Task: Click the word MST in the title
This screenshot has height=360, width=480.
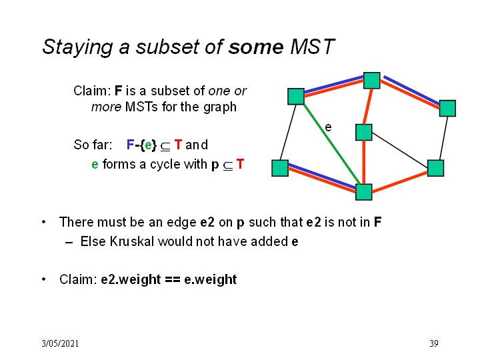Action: (x=312, y=47)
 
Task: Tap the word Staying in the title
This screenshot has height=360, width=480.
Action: (x=78, y=48)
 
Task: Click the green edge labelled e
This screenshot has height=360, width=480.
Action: (x=332, y=144)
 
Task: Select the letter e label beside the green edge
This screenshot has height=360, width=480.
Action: (x=328, y=127)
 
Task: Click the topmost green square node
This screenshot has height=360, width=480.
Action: (x=371, y=81)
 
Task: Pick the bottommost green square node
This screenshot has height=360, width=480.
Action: (x=364, y=192)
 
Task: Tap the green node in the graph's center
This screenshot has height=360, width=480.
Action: (x=364, y=132)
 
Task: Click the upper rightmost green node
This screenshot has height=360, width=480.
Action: (x=447, y=108)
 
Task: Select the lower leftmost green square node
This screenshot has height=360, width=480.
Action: (x=280, y=168)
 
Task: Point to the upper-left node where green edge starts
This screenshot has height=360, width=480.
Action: (x=296, y=97)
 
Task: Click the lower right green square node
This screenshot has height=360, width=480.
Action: (x=435, y=168)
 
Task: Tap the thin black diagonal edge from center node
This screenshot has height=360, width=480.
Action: (x=399, y=150)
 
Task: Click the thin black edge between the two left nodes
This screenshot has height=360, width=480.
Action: (x=288, y=132)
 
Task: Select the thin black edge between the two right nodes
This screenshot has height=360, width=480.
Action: (x=443, y=138)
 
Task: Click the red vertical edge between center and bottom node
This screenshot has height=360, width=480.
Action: (x=364, y=162)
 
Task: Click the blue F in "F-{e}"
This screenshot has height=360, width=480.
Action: (x=131, y=145)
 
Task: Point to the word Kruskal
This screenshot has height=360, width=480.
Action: (x=132, y=241)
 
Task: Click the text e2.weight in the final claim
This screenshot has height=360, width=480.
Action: (x=131, y=279)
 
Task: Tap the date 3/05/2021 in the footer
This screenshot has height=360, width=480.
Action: (x=60, y=343)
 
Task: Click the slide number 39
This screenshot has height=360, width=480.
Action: (x=434, y=343)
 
